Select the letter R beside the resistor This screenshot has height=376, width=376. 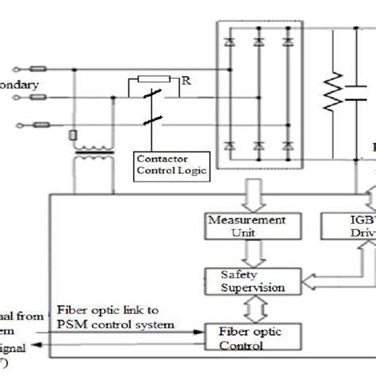coord(186,80)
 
